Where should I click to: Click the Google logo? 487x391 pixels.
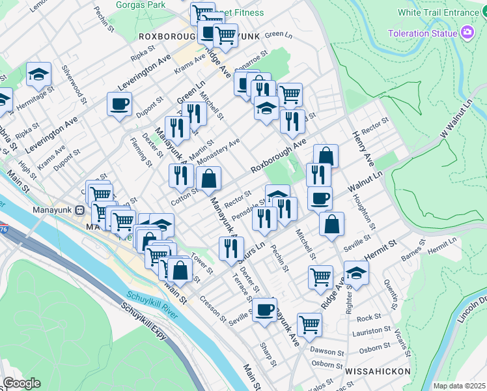tap(21, 383)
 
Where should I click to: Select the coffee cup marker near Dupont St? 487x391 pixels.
tap(120, 104)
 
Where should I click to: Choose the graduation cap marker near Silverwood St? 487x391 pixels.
tap(39, 75)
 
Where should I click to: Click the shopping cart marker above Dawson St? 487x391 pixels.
tap(310, 325)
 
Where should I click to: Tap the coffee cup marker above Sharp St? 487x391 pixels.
tap(264, 310)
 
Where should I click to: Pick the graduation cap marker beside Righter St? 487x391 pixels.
tap(356, 273)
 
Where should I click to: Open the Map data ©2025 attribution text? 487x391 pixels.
tap(458, 386)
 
